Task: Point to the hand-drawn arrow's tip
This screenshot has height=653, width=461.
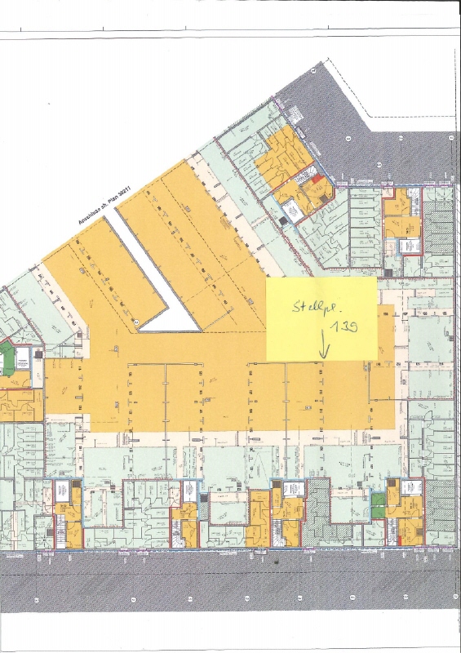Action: tap(323, 356)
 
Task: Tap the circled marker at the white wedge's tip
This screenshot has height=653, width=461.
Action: tap(136, 320)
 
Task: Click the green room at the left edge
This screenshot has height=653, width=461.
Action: tap(7, 357)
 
